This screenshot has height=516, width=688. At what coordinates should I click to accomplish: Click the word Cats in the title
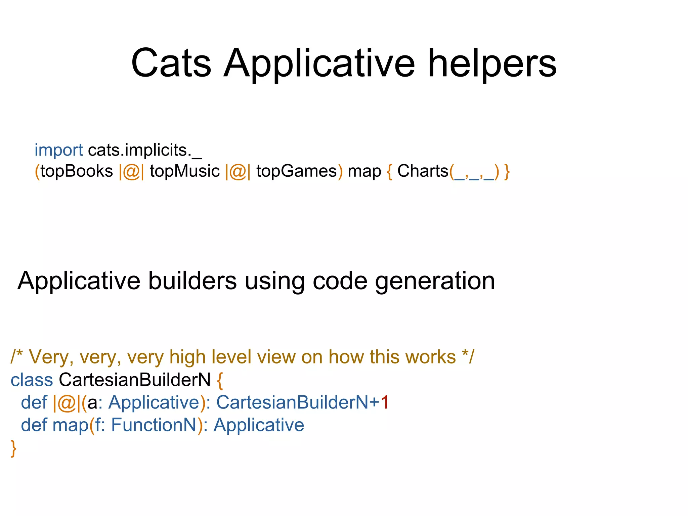point(171,63)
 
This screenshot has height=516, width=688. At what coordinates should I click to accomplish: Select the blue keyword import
point(58,150)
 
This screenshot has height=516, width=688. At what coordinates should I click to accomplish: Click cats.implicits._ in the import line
point(145,150)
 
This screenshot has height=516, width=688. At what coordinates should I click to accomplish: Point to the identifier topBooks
point(77,171)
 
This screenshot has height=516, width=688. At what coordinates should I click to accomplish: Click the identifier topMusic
point(184,171)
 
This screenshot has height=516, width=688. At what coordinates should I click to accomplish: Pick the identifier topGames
point(296,171)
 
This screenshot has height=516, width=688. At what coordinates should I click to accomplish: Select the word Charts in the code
point(423,171)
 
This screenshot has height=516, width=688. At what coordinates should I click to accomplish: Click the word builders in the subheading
point(192,281)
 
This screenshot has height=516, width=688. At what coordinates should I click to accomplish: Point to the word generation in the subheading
point(435,281)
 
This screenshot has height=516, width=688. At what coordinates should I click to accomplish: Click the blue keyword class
point(32,380)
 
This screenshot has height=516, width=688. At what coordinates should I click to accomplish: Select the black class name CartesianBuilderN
point(135,380)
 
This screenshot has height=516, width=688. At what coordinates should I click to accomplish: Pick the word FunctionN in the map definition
point(154,425)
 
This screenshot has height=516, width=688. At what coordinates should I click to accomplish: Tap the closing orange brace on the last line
point(13,448)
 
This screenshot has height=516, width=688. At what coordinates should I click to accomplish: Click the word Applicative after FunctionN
point(259,425)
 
